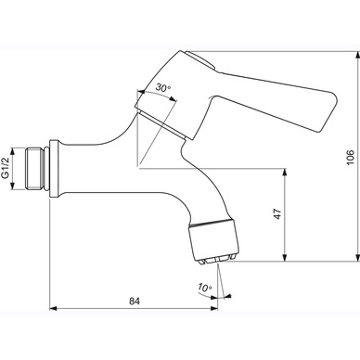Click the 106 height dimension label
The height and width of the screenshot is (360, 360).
[x=350, y=158]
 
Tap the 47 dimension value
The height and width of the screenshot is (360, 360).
[x=278, y=214]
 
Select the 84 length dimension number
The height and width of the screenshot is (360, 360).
[x=135, y=301]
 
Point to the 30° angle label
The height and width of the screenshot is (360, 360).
[x=163, y=87]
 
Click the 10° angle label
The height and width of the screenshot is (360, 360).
[x=205, y=288]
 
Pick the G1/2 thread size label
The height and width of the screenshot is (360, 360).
[x=6, y=168]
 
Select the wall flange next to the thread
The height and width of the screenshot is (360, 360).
[x=54, y=169]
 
